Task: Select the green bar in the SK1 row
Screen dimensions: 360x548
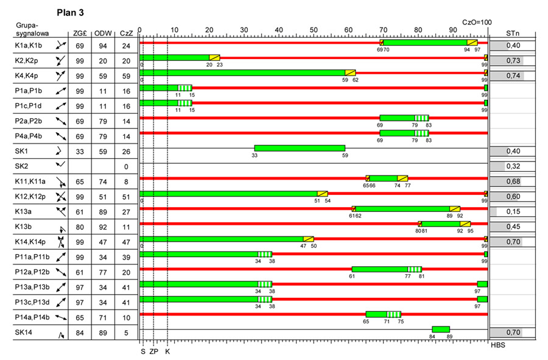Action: [300, 148]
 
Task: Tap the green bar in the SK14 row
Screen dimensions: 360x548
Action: [441, 329]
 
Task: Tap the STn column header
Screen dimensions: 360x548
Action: [512, 33]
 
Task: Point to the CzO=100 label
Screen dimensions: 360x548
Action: [476, 21]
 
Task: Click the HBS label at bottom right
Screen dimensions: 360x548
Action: [499, 346]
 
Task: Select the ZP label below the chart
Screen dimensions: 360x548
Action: [153, 351]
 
